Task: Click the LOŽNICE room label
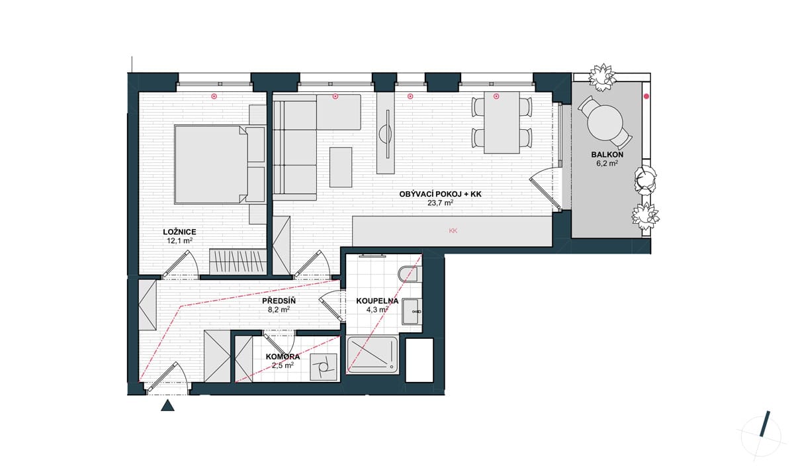(x=179, y=232)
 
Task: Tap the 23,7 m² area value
(x=440, y=203)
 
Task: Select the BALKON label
(x=607, y=155)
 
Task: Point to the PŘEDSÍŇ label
(x=279, y=301)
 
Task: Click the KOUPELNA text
(x=377, y=301)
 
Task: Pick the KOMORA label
(x=283, y=357)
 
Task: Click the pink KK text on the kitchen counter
(x=453, y=230)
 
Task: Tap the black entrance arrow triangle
(x=167, y=405)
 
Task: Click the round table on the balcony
(x=605, y=122)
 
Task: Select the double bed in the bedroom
(x=211, y=164)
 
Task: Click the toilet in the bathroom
(x=410, y=274)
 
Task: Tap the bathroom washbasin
(x=412, y=311)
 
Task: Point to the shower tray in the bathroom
(x=373, y=355)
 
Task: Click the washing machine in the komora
(x=324, y=367)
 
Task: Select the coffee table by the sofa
(x=341, y=167)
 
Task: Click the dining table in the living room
(x=502, y=122)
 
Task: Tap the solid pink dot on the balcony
(x=646, y=96)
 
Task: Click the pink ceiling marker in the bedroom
(x=214, y=96)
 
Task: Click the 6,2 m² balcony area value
(x=607, y=164)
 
